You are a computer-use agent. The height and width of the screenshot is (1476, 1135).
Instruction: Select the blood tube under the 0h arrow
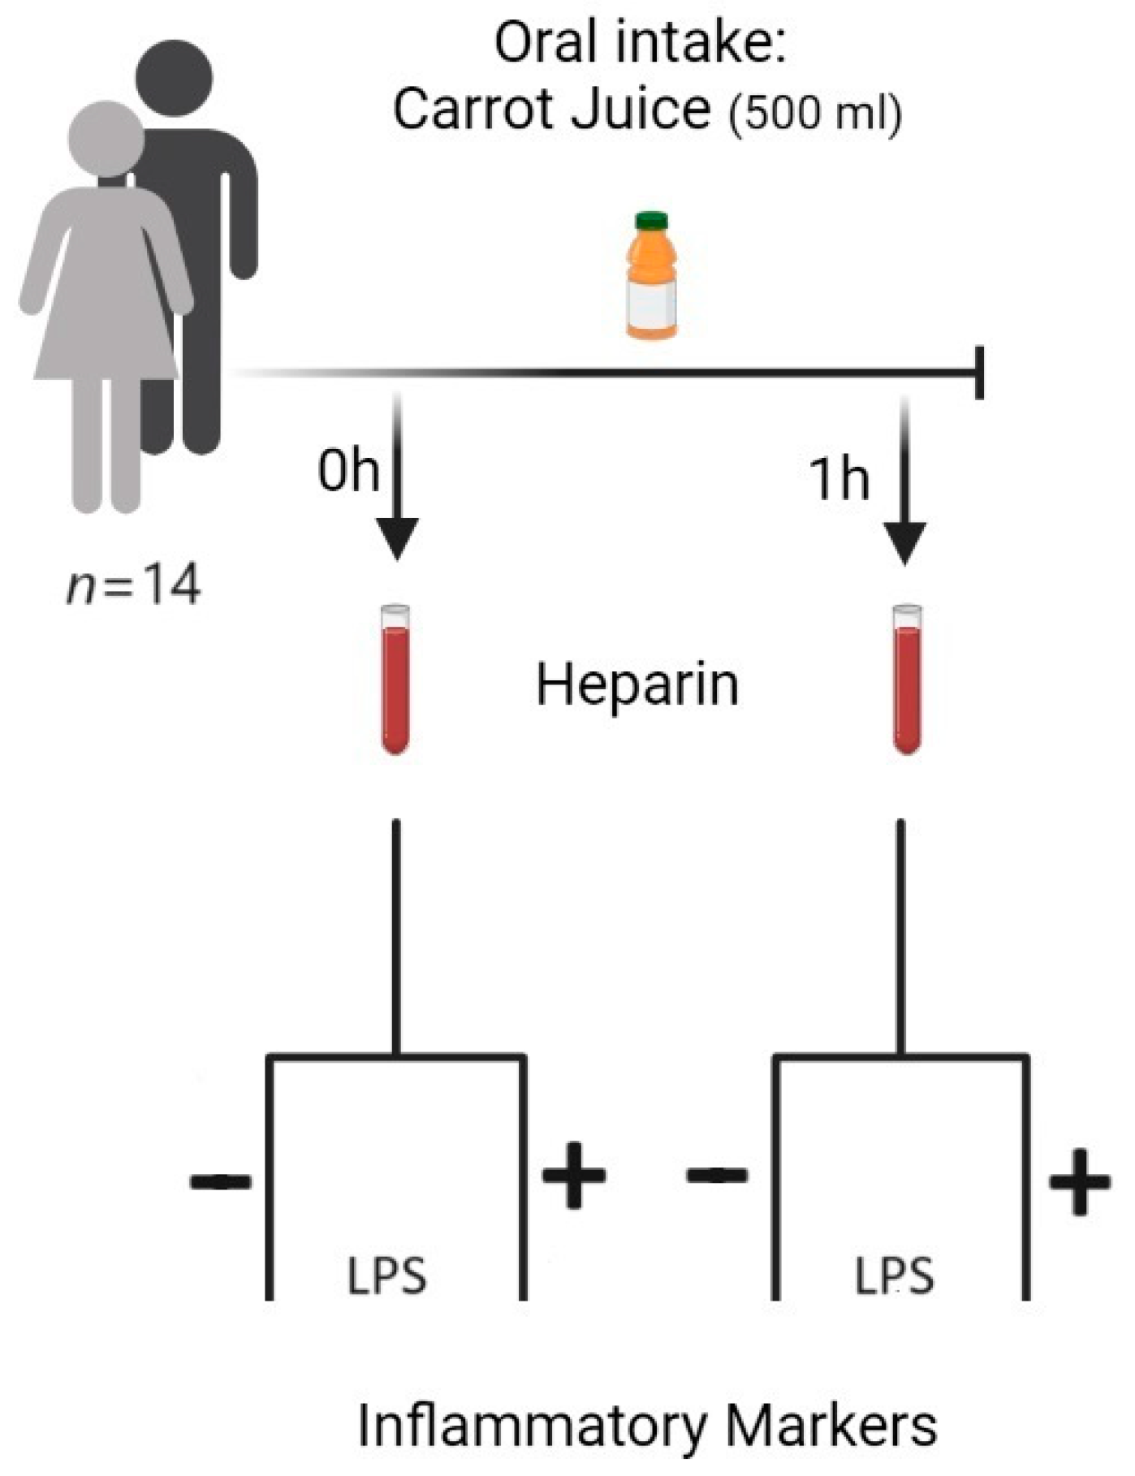[395, 680]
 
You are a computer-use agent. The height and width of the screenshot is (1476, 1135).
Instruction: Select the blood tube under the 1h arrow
[907, 680]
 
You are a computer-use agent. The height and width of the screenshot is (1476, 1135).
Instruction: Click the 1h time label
[839, 478]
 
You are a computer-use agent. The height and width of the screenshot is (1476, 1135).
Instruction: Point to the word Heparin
[637, 685]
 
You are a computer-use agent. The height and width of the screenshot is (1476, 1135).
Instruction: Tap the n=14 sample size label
[134, 585]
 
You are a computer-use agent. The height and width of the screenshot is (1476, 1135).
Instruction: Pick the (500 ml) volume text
[815, 114]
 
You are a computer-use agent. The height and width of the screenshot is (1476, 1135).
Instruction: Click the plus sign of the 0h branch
[574, 1175]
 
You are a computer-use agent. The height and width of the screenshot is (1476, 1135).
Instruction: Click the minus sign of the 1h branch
[717, 1175]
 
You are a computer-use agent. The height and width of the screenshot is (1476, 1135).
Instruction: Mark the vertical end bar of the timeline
[980, 373]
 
